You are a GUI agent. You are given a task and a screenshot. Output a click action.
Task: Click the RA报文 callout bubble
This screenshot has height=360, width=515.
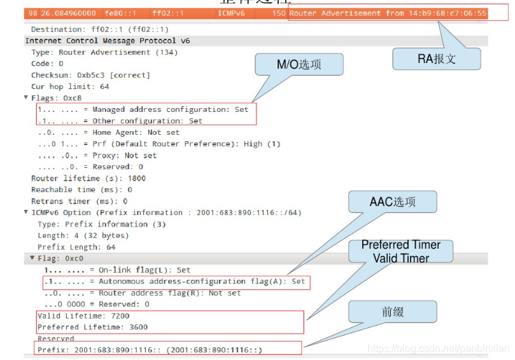pos(437,59)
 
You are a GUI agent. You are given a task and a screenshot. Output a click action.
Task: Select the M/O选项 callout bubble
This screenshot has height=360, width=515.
pos(299,65)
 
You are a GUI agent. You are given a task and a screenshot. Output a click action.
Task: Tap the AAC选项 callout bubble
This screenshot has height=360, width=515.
pos(392,202)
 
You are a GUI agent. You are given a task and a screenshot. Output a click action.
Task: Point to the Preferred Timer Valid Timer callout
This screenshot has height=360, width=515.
pos(400,251)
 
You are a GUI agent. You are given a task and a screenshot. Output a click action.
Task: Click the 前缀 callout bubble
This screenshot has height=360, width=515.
pos(392,312)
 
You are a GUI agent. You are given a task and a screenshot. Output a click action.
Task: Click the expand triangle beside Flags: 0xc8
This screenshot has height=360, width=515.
pos(26,98)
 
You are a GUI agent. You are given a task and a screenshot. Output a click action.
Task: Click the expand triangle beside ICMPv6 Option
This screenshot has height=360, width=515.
pos(26,212)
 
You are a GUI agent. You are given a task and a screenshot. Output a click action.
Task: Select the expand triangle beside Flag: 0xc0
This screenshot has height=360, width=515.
pos(32,258)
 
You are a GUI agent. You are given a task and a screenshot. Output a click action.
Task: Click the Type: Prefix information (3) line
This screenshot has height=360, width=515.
pos(101,224)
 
